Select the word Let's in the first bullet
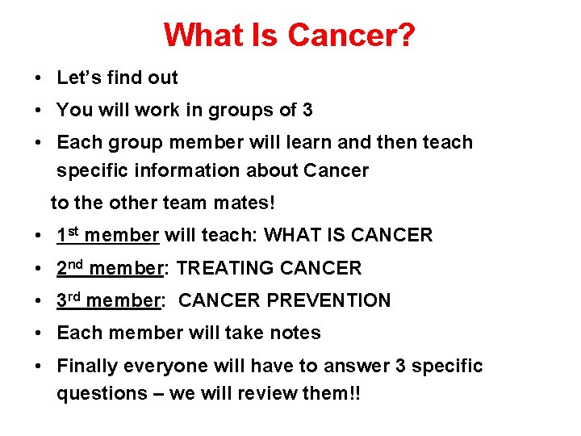[77, 78]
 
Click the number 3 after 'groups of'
[307, 110]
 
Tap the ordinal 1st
[68, 235]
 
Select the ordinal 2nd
[70, 267]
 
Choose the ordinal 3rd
[69, 300]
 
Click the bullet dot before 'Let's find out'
[39, 78]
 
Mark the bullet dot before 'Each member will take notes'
[39, 333]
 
